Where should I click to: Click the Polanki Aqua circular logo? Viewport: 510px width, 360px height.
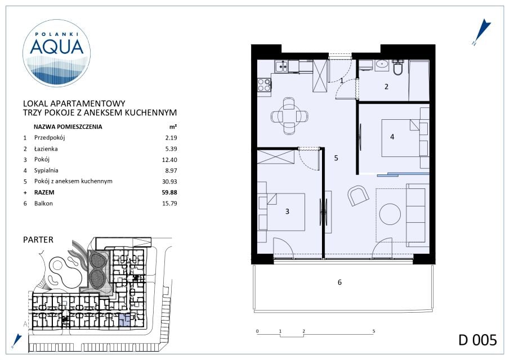(x=56, y=53)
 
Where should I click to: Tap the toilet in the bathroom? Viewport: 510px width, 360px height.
(x=398, y=67)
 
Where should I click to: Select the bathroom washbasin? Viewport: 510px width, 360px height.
(x=382, y=65)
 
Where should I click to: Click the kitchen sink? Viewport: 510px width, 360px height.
(x=281, y=66)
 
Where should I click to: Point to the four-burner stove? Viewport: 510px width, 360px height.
(x=264, y=85)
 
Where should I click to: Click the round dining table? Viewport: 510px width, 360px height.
(x=289, y=116)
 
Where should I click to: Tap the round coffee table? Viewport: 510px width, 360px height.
(x=390, y=214)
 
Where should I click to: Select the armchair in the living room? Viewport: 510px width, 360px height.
(x=358, y=196)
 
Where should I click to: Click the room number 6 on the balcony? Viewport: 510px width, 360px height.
(x=339, y=282)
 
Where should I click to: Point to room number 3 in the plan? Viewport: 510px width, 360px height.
(x=287, y=211)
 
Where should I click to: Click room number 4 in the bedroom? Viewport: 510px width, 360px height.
(x=392, y=137)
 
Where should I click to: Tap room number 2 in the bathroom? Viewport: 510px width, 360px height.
(x=386, y=87)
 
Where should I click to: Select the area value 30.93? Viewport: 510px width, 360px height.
(x=169, y=182)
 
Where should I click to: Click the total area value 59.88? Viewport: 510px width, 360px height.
(x=169, y=192)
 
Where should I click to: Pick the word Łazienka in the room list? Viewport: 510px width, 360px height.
(x=46, y=149)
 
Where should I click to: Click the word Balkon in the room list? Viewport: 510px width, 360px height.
(x=43, y=204)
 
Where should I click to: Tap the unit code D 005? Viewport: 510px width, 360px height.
(x=477, y=340)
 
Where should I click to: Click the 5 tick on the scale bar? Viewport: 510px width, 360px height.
(x=374, y=331)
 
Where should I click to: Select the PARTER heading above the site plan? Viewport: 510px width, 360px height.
(x=38, y=240)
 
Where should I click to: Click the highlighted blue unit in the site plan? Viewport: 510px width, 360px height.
(x=124, y=321)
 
